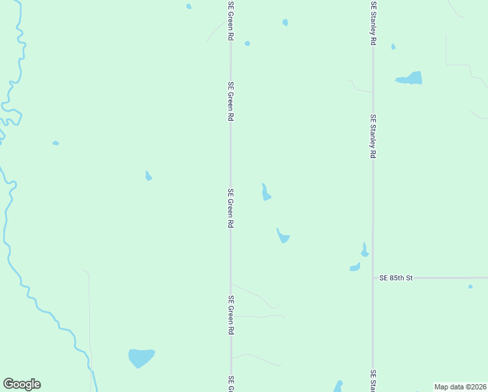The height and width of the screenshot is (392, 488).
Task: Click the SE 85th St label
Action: tap(397, 278)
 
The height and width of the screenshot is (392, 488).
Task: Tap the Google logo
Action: tap(22, 384)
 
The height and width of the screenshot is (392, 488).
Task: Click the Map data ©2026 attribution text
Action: tap(460, 387)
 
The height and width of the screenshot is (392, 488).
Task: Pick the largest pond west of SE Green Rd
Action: tap(141, 357)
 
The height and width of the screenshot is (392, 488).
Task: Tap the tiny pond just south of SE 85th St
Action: tap(470, 286)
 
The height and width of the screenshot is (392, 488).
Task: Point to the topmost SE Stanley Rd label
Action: tap(373, 23)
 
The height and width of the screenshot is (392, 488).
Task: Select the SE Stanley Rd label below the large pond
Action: tap(373, 137)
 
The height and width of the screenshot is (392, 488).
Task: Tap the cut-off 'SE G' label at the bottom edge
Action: tap(230, 384)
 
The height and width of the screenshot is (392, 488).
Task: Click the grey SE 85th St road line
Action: tap(444, 278)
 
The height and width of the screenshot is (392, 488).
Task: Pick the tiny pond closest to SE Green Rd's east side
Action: tap(247, 44)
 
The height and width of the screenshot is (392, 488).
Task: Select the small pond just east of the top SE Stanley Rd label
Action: tap(393, 46)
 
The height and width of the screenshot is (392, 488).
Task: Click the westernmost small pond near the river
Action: tap(55, 143)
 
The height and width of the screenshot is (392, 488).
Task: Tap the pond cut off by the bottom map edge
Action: tap(338, 387)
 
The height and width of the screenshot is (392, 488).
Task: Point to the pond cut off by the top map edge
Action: tap(189, 7)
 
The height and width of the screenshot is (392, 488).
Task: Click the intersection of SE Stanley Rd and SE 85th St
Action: tap(373, 278)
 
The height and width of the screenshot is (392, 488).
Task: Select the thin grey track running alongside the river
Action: tap(89, 314)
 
